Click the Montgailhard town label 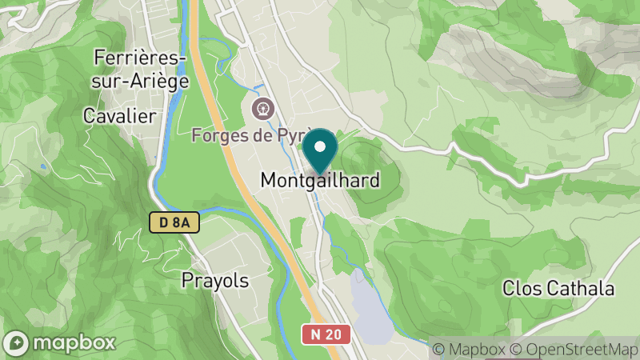[320, 180]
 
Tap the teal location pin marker [320, 150]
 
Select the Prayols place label [215, 280]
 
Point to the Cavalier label [119, 116]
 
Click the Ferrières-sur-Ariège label [141, 69]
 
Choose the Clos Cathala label [558, 288]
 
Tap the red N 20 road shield [326, 334]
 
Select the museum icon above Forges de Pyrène [262, 107]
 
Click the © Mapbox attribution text [470, 349]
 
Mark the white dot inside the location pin [320, 146]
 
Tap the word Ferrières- [141, 58]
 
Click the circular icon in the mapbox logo [18, 342]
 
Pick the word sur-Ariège [141, 81]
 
